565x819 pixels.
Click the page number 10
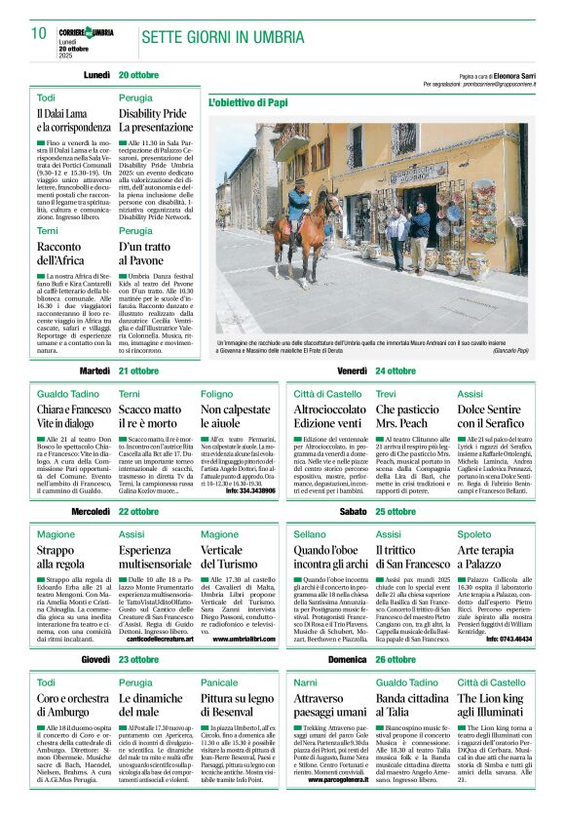[39, 33]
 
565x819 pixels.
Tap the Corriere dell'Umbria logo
[86, 33]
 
